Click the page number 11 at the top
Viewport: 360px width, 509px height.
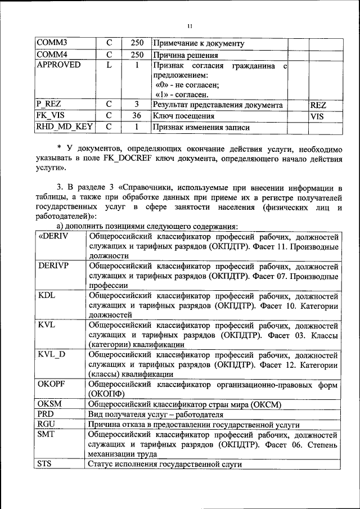(x=189, y=26)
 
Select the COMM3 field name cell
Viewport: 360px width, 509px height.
(x=53, y=43)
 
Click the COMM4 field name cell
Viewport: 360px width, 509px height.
(x=53, y=55)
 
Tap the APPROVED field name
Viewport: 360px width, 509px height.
(x=58, y=65)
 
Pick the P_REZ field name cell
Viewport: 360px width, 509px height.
(x=49, y=105)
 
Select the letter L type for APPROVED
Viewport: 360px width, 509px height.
(x=110, y=65)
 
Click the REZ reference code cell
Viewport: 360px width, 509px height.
(x=318, y=105)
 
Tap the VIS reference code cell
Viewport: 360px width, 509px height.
(x=317, y=116)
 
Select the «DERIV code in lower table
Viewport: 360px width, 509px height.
(x=53, y=236)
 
